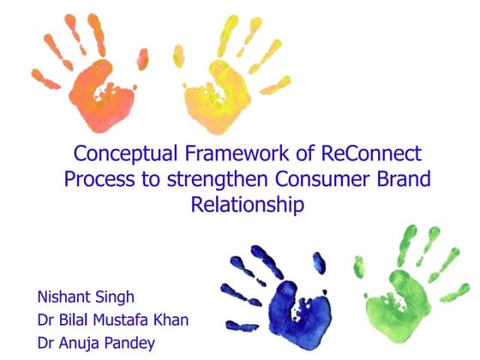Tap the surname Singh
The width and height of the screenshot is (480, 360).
tap(117, 300)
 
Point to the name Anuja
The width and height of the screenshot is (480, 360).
tap(83, 343)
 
